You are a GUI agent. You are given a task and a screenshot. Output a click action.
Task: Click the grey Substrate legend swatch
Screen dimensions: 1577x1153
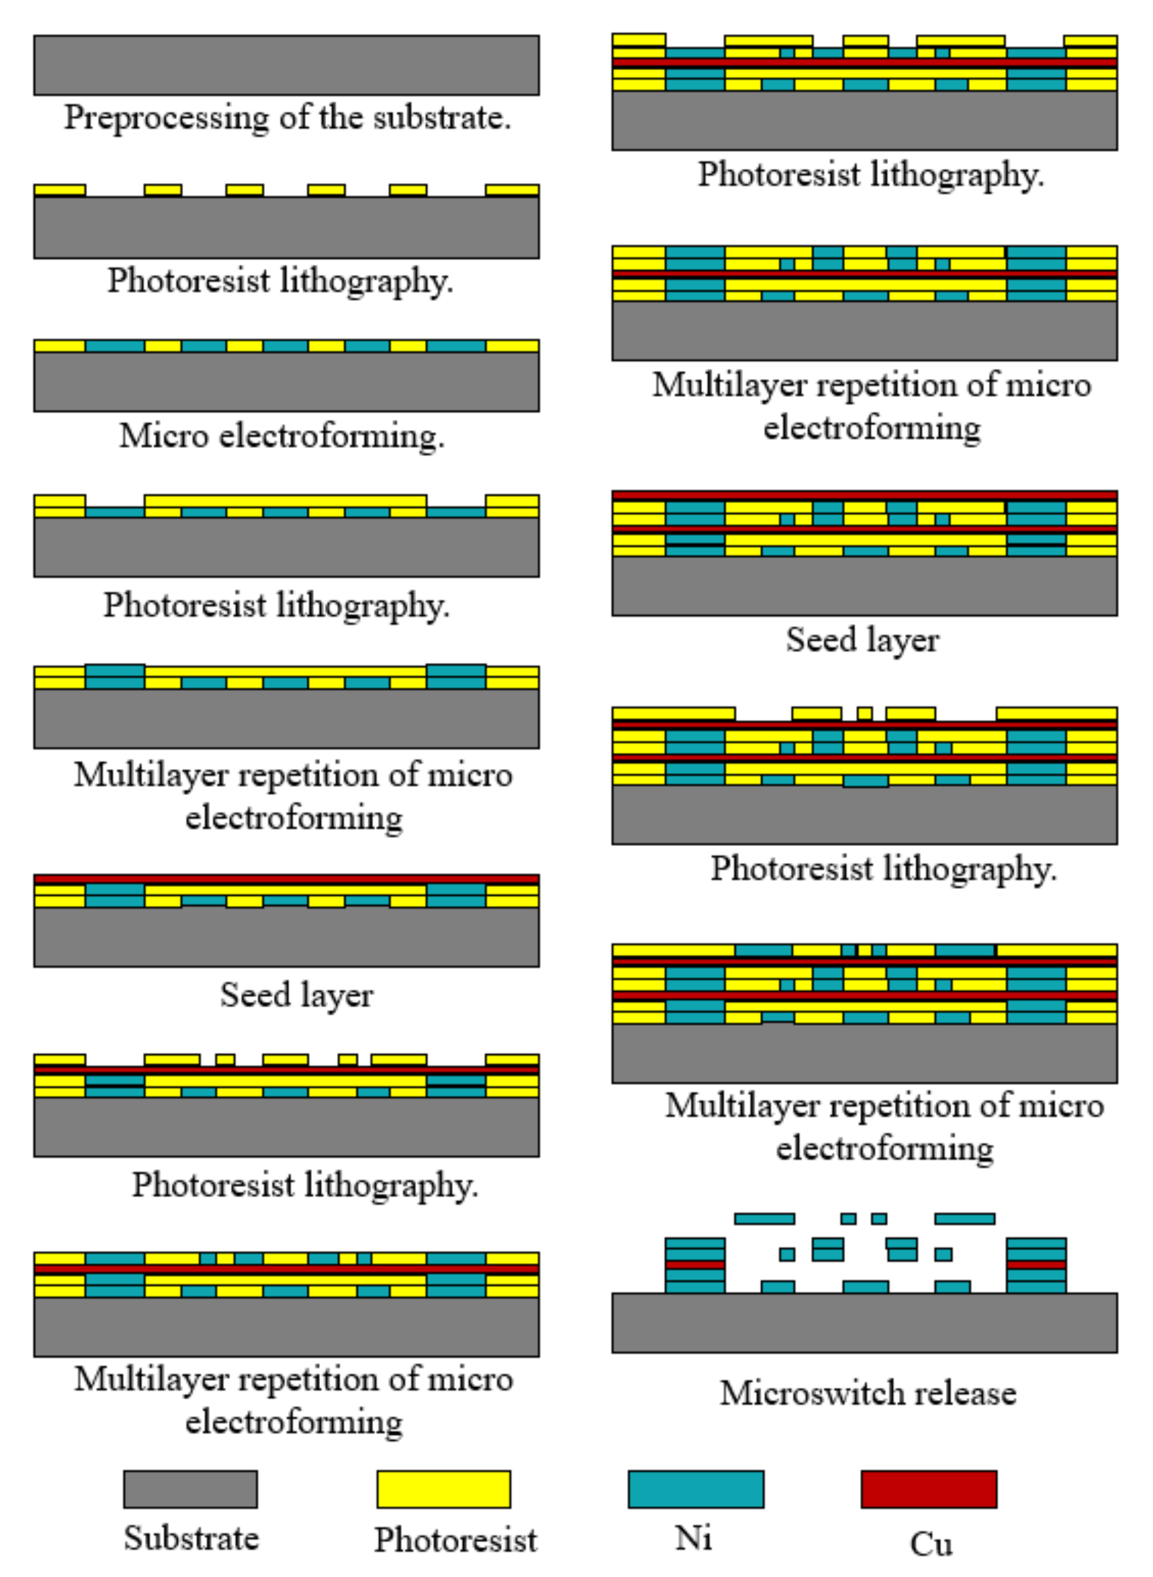click(x=190, y=1489)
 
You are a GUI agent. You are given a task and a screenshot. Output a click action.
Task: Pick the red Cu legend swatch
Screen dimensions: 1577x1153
click(x=928, y=1489)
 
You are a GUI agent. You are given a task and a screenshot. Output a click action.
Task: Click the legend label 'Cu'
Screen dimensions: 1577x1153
click(x=930, y=1544)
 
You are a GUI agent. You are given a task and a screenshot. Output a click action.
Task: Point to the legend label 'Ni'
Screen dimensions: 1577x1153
click(x=693, y=1538)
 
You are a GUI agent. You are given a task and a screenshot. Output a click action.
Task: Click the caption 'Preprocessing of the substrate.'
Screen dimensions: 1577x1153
click(x=288, y=117)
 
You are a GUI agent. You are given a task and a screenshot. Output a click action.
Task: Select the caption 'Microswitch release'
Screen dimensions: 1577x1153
click(x=868, y=1393)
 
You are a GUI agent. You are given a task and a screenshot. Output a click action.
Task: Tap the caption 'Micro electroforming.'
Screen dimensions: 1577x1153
click(x=282, y=436)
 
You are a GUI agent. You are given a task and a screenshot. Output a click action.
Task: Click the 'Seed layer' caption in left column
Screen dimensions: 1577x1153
click(x=297, y=995)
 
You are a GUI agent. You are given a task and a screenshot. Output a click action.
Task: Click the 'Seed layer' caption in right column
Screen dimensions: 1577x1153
click(x=863, y=640)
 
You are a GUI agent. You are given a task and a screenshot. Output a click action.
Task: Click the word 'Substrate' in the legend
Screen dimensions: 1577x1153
click(x=191, y=1538)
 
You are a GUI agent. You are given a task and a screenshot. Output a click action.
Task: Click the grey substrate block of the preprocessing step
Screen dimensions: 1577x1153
click(x=286, y=65)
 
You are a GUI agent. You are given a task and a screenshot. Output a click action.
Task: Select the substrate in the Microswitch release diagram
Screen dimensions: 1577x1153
click(x=864, y=1323)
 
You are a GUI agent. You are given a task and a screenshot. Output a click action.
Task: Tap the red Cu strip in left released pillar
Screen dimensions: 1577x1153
click(x=694, y=1265)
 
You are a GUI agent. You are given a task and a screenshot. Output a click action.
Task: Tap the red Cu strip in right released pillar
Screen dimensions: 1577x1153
click(x=1036, y=1265)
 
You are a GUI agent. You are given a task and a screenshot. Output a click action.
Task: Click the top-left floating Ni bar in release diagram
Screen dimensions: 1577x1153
click(x=764, y=1218)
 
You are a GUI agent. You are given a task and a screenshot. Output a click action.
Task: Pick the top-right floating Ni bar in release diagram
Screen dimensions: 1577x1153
click(x=965, y=1218)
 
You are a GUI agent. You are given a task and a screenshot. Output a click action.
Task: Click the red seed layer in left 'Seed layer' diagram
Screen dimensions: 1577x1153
click(x=286, y=879)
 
